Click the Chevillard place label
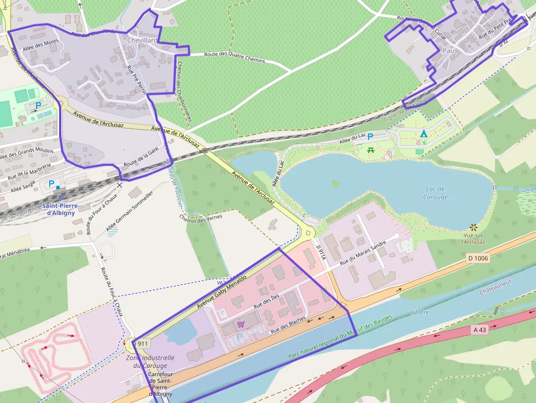pyautogui.click(x=142, y=40)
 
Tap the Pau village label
pyautogui.click(x=448, y=50)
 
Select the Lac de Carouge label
pyautogui.click(x=435, y=193)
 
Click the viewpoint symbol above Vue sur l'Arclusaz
pyautogui.click(x=473, y=226)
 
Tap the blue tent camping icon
pyautogui.click(x=423, y=134)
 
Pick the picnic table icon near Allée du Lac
pyautogui.click(x=371, y=149)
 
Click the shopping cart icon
pyautogui.click(x=240, y=324)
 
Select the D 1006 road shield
pyautogui.click(x=478, y=258)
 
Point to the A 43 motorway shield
pyautogui.click(x=480, y=330)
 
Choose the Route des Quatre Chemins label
pyautogui.click(x=234, y=57)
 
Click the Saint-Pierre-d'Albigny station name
pyautogui.click(x=61, y=209)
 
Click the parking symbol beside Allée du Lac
pyautogui.click(x=370, y=137)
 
